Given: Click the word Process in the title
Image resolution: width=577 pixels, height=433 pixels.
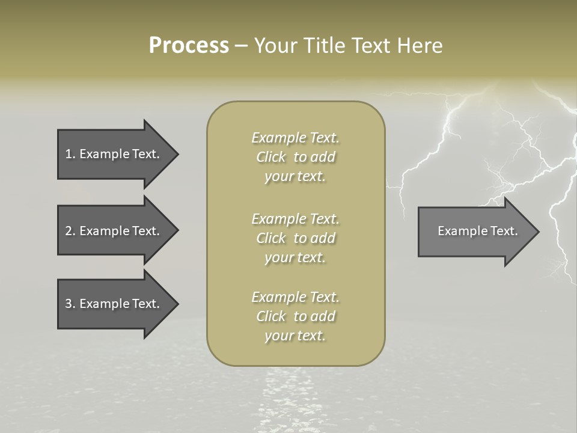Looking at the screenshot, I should (x=189, y=46).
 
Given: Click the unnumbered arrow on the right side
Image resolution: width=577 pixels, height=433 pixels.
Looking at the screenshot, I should (x=475, y=231).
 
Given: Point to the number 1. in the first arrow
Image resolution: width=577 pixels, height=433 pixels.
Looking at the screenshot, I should (x=70, y=154).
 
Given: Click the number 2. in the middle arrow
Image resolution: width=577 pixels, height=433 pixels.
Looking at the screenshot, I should (x=70, y=231).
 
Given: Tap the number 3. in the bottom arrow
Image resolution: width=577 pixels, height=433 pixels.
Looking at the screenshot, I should (x=70, y=304).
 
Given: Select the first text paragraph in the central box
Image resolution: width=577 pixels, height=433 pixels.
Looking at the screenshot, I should (x=295, y=157).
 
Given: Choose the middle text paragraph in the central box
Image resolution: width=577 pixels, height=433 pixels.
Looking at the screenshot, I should (x=295, y=238).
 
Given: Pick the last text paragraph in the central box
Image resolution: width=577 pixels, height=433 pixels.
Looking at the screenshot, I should (x=295, y=316).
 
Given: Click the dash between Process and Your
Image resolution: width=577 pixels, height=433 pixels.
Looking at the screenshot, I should (x=241, y=46).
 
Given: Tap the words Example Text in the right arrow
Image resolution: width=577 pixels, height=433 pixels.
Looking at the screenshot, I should (x=477, y=231).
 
